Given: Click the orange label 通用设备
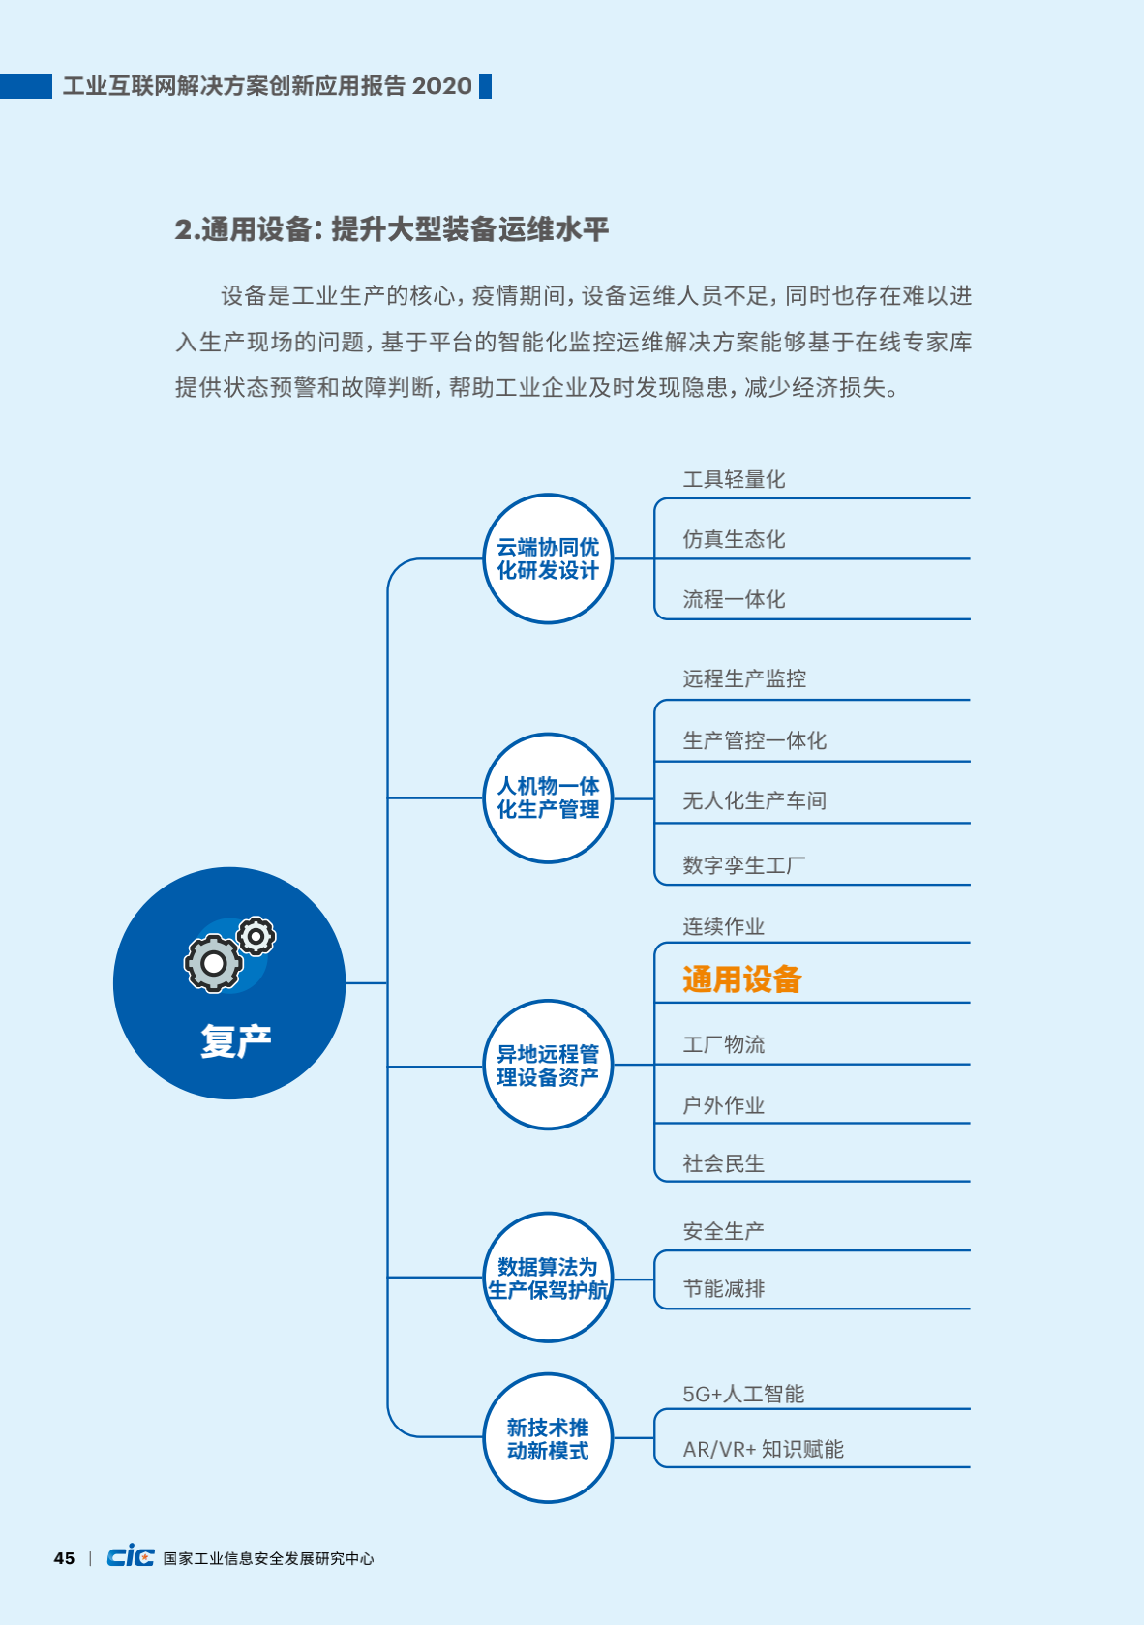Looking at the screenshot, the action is pyautogui.click(x=742, y=979).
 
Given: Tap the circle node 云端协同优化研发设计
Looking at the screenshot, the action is pyautogui.click(x=548, y=558).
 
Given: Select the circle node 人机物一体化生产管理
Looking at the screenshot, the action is pyautogui.click(x=548, y=798).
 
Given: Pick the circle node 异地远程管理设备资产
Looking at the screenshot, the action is pyautogui.click(x=548, y=1065).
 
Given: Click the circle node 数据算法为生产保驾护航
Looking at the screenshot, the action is pyautogui.click(x=548, y=1278).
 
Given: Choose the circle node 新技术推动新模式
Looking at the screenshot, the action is pyautogui.click(x=548, y=1438).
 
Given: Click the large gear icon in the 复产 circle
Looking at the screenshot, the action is pyautogui.click(x=213, y=963).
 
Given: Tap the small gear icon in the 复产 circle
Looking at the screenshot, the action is pyautogui.click(x=256, y=937).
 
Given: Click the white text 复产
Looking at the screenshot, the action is pyautogui.click(x=236, y=1041).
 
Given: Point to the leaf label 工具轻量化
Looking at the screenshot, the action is pyautogui.click(x=734, y=479).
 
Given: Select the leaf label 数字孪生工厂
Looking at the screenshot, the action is pyautogui.click(x=744, y=865).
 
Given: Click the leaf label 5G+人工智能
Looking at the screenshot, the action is pyautogui.click(x=743, y=1395).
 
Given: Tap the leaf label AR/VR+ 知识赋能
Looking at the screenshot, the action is pyautogui.click(x=763, y=1450).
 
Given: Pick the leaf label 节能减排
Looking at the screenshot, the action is pyautogui.click(x=724, y=1288).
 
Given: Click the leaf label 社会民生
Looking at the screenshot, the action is pyautogui.click(x=724, y=1163).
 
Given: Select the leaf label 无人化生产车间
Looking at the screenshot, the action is pyautogui.click(x=755, y=801).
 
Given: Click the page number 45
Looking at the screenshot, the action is pyautogui.click(x=64, y=1558).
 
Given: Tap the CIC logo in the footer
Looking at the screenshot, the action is pyautogui.click(x=131, y=1556).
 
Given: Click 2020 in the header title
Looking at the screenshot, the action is pyautogui.click(x=441, y=86).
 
